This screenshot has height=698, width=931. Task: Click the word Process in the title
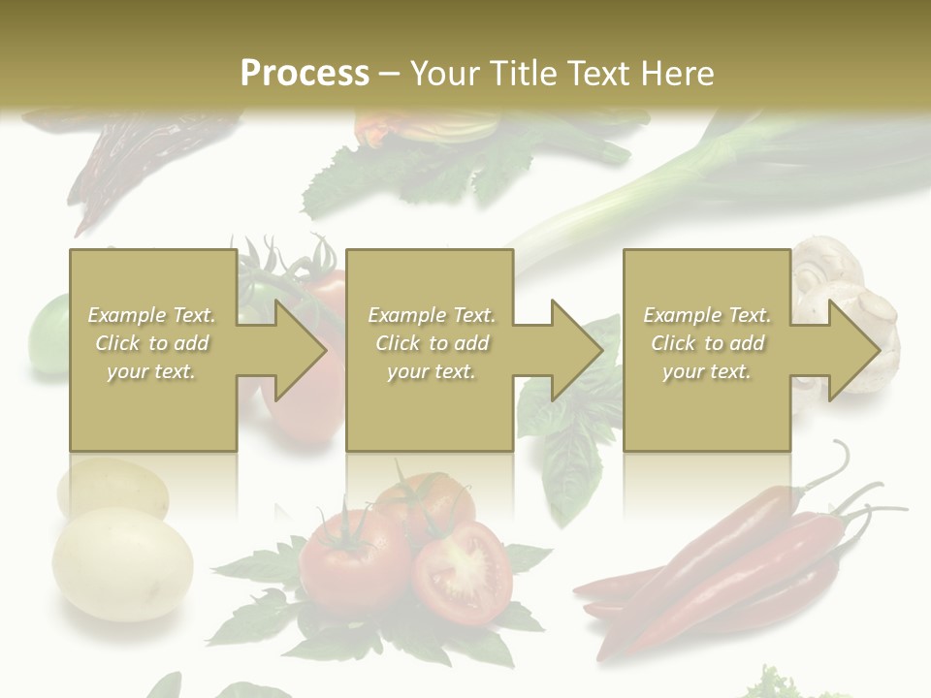coord(305,74)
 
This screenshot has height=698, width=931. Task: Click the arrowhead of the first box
coord(296,350)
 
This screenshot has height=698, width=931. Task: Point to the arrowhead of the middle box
coord(573,350)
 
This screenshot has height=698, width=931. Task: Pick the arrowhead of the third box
coord(851,350)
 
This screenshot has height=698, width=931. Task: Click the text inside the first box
coord(152,343)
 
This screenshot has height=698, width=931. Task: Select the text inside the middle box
coord(431,343)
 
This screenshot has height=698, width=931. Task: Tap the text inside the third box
coord(707,343)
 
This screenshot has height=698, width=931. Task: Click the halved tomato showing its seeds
coord(463,571)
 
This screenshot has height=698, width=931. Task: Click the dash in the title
coord(390,74)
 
